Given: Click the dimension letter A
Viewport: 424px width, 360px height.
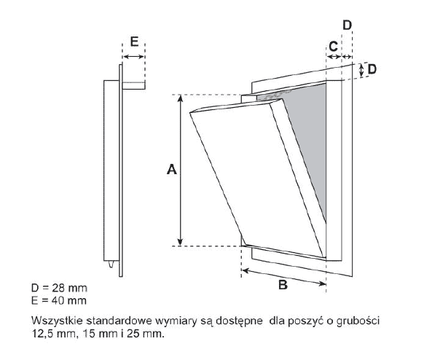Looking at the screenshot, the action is tap(172, 170).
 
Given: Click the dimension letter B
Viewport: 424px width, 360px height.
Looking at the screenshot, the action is tap(283, 284).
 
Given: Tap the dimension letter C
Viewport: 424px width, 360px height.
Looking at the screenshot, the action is tap(334, 47).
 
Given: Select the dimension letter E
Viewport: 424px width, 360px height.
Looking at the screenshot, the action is tap(134, 42).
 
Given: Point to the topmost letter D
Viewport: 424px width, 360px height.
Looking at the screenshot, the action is tap(348, 26).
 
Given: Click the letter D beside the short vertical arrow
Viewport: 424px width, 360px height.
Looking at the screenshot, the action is tap(372, 69).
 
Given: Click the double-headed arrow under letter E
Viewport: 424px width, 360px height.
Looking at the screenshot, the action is tap(133, 57).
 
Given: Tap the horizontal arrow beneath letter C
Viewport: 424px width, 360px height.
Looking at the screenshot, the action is tap(334, 57).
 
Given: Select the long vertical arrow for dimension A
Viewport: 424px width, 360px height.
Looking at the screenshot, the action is tap(181, 171).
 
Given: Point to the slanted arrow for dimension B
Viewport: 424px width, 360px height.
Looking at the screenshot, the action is tap(284, 277).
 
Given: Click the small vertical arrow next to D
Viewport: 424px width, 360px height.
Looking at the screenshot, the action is tap(361, 70).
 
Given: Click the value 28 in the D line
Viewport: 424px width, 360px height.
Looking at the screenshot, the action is tap(59, 288).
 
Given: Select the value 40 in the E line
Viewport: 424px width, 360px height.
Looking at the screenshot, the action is tap(58, 300).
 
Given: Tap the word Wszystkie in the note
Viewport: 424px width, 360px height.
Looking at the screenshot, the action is tap(57, 321).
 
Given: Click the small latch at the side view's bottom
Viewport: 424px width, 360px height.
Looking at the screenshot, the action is tap(111, 265).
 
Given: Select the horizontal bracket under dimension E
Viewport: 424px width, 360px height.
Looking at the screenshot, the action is tap(134, 85).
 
